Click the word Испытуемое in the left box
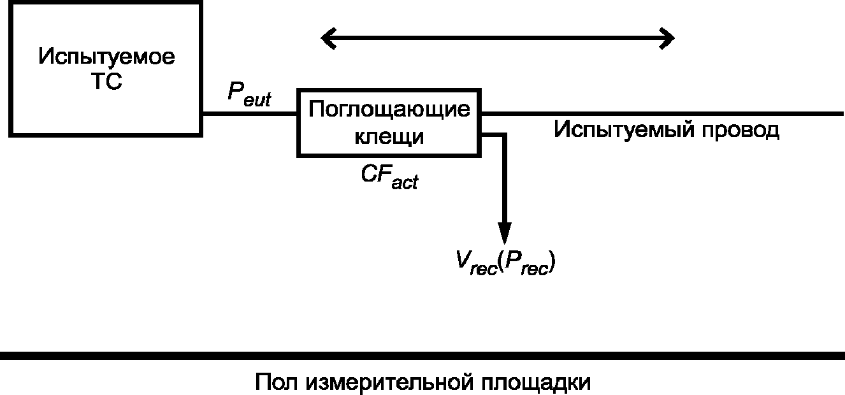tap(107, 57)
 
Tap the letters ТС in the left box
tap(107, 81)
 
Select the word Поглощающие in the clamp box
tap(389, 110)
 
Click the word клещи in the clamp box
tap(389, 136)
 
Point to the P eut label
tap(249, 95)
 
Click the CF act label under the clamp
tap(389, 177)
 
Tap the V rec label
tap(476, 263)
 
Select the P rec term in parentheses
tap(526, 263)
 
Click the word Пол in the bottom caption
tap(277, 382)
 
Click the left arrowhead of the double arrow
tap(327, 38)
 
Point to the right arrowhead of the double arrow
tap(668, 38)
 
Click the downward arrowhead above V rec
tap(505, 233)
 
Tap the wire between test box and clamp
tap(250, 113)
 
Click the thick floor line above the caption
tap(422, 355)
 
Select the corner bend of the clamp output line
tap(504, 135)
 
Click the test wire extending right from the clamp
tap(662, 113)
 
